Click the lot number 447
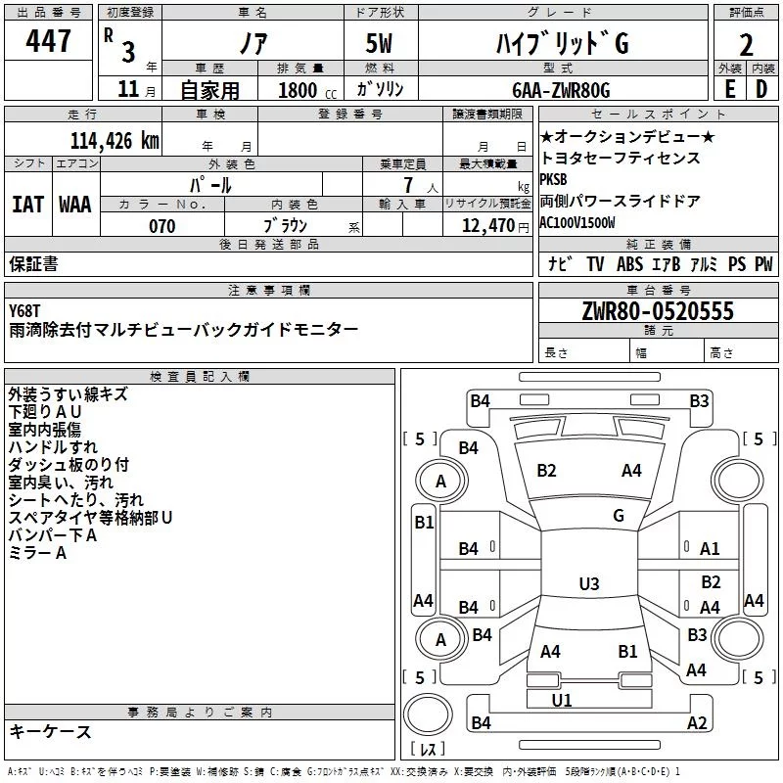tap(48, 40)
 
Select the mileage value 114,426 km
tap(115, 141)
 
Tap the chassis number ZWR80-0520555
tap(658, 311)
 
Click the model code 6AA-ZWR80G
tap(561, 90)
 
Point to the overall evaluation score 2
tap(746, 45)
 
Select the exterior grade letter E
tap(729, 89)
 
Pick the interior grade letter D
tap(761, 89)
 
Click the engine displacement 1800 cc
tap(307, 90)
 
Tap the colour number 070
tap(162, 226)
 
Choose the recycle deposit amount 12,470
tap(487, 226)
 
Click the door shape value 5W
tap(379, 43)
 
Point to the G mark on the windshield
tap(619, 516)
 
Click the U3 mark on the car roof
tap(589, 583)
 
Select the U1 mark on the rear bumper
tap(562, 700)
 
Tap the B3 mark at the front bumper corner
tap(699, 401)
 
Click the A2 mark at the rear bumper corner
tap(697, 722)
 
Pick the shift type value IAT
tap(27, 205)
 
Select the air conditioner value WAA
tap(75, 205)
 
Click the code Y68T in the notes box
tap(23, 311)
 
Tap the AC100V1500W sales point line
tap(577, 223)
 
